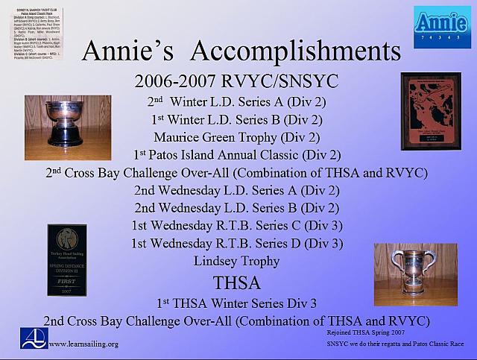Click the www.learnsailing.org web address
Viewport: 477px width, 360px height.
[x=83, y=344]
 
